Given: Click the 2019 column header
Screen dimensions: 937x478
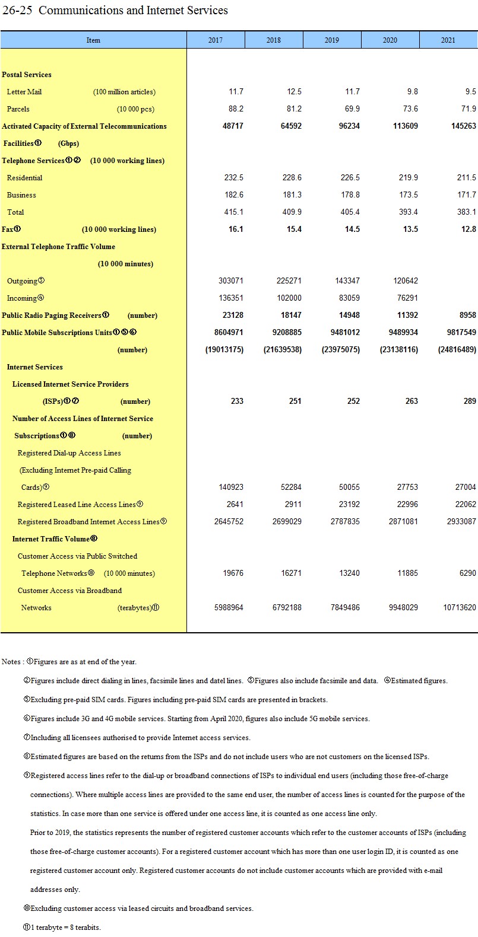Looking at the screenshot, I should tap(332, 40).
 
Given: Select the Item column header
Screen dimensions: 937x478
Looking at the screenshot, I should tap(93, 40).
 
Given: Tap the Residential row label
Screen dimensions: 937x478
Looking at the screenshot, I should tap(24, 177).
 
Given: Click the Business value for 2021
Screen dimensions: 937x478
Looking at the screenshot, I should tap(467, 195).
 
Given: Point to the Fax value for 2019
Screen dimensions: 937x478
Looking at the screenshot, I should tap(352, 229).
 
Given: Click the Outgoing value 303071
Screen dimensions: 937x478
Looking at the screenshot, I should tap(230, 281).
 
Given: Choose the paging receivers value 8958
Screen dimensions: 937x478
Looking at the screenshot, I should tap(467, 315).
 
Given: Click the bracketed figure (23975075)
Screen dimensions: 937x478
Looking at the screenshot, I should tap(340, 349).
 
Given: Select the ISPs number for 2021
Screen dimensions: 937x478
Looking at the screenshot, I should tap(470, 401).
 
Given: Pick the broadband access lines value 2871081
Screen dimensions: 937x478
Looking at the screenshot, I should tap(403, 521).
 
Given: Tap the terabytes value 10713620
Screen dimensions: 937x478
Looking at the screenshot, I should tap(459, 607).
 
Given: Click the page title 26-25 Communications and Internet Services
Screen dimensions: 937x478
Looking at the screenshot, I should tap(115, 10).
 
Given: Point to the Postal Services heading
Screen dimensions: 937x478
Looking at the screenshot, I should tap(27, 74).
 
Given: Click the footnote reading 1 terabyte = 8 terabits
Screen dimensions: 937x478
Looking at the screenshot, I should tap(65, 927).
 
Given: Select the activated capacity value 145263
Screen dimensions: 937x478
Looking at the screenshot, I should tap(463, 126).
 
